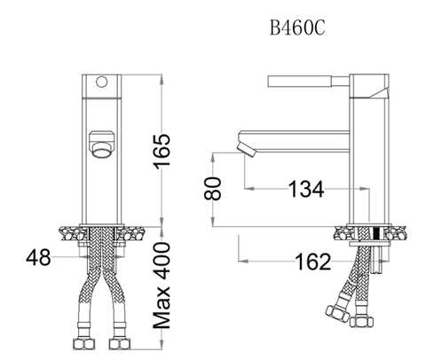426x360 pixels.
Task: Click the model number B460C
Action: [297, 27]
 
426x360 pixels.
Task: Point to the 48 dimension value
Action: [38, 258]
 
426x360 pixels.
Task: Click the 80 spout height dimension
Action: [210, 189]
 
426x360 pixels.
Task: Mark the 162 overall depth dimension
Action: [312, 262]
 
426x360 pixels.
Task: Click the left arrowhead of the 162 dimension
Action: [241, 262]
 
